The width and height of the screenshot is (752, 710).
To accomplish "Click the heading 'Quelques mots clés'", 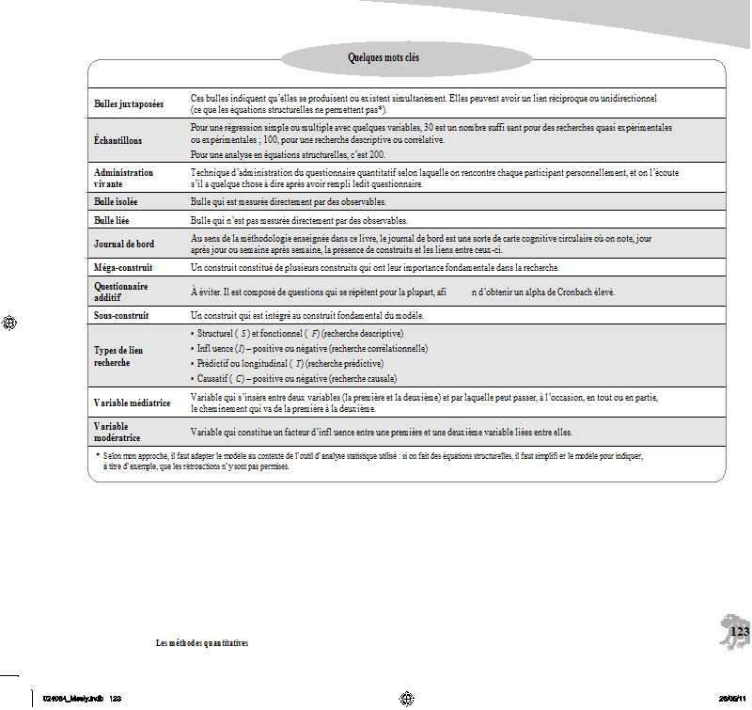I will tap(384, 58).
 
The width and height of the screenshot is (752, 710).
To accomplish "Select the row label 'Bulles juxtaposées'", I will tap(129, 103).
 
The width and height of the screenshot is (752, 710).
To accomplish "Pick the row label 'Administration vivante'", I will tap(123, 179).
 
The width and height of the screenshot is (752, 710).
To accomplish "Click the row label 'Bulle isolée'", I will tap(117, 202).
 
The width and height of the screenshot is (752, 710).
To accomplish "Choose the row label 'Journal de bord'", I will tap(124, 244).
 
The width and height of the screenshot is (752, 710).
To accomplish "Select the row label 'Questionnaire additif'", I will tap(121, 291).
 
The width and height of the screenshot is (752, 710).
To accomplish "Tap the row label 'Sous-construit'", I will tap(122, 315).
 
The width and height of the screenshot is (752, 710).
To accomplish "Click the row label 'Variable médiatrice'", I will tap(133, 402).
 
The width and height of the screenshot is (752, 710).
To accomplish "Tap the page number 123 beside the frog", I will tap(740, 631).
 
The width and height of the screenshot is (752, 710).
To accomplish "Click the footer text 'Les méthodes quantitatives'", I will tap(201, 643).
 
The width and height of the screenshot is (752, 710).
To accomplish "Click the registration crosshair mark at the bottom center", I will tap(407, 698).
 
